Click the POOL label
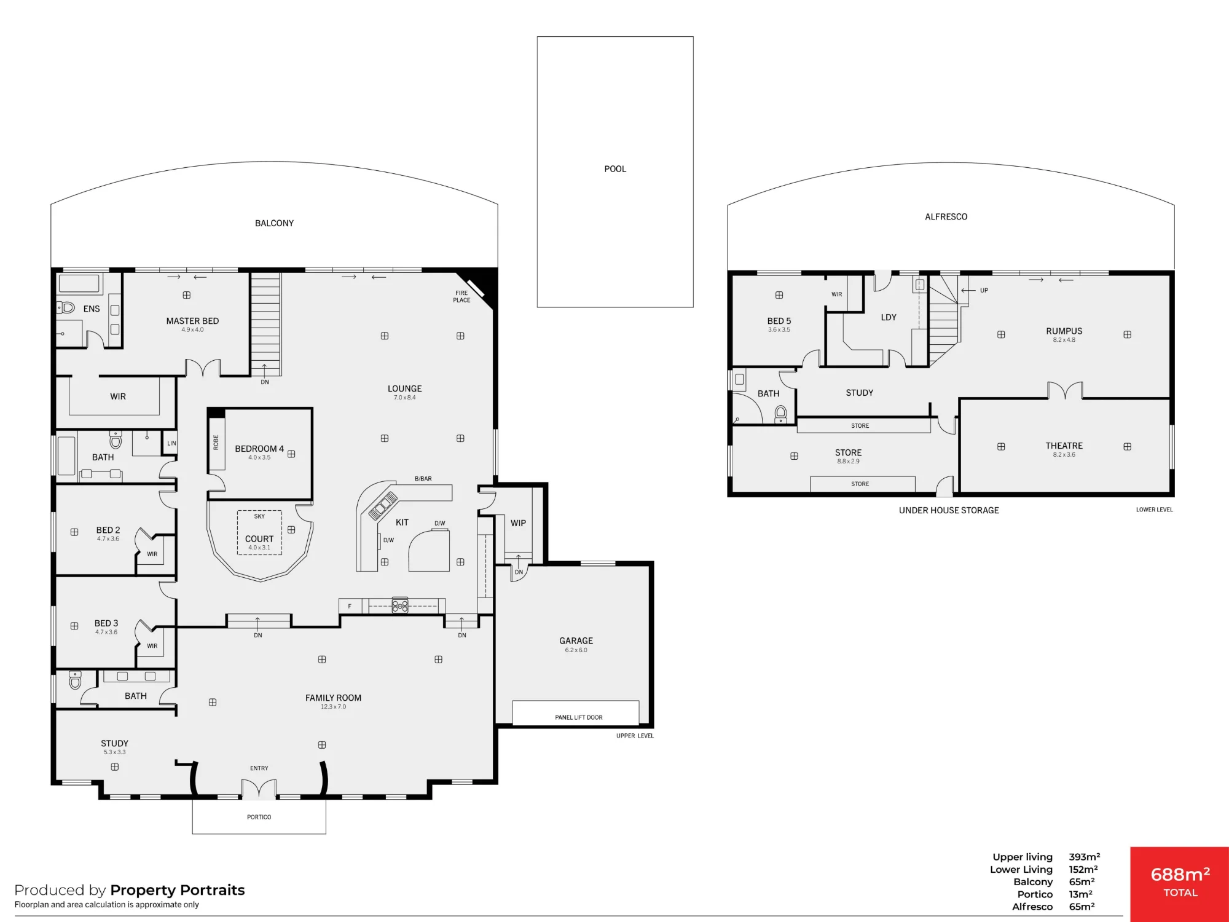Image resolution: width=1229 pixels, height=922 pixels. [x=615, y=169]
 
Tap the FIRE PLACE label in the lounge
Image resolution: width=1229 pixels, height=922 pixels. [x=461, y=297]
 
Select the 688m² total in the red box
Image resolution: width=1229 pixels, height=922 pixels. [x=1180, y=875]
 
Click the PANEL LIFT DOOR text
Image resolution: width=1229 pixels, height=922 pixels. [x=579, y=717]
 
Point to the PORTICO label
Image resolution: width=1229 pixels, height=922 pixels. [x=259, y=817]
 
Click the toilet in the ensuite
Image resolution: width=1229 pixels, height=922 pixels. [x=66, y=307]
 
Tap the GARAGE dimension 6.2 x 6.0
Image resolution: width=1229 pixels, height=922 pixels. [x=576, y=650]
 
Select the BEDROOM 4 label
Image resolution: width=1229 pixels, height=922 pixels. [x=259, y=449]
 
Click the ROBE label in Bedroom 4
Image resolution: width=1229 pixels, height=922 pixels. [x=216, y=442]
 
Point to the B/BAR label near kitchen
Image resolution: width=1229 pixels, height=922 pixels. [x=423, y=479]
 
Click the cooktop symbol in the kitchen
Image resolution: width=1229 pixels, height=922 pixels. [x=400, y=605]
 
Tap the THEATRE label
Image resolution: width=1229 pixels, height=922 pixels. [x=1064, y=446]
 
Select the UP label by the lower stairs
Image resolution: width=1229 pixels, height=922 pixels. [x=984, y=290]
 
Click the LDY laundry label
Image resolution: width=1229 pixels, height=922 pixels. [x=889, y=317]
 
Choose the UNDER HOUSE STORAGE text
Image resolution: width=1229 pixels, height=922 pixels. [x=949, y=510]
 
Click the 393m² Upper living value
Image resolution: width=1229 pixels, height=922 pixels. [x=1085, y=857]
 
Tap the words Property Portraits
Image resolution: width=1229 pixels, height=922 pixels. [x=178, y=890]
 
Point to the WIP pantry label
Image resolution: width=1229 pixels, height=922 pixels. [x=518, y=523]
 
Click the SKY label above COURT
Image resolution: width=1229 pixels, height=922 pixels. [x=259, y=516]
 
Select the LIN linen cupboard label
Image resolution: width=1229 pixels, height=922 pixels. [x=171, y=443]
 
